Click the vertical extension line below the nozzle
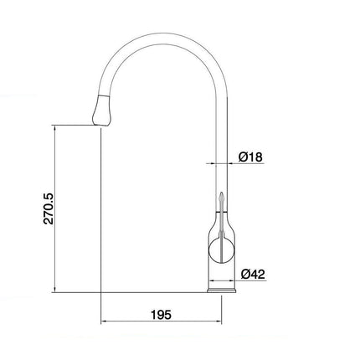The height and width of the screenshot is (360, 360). [x=100, y=218]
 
